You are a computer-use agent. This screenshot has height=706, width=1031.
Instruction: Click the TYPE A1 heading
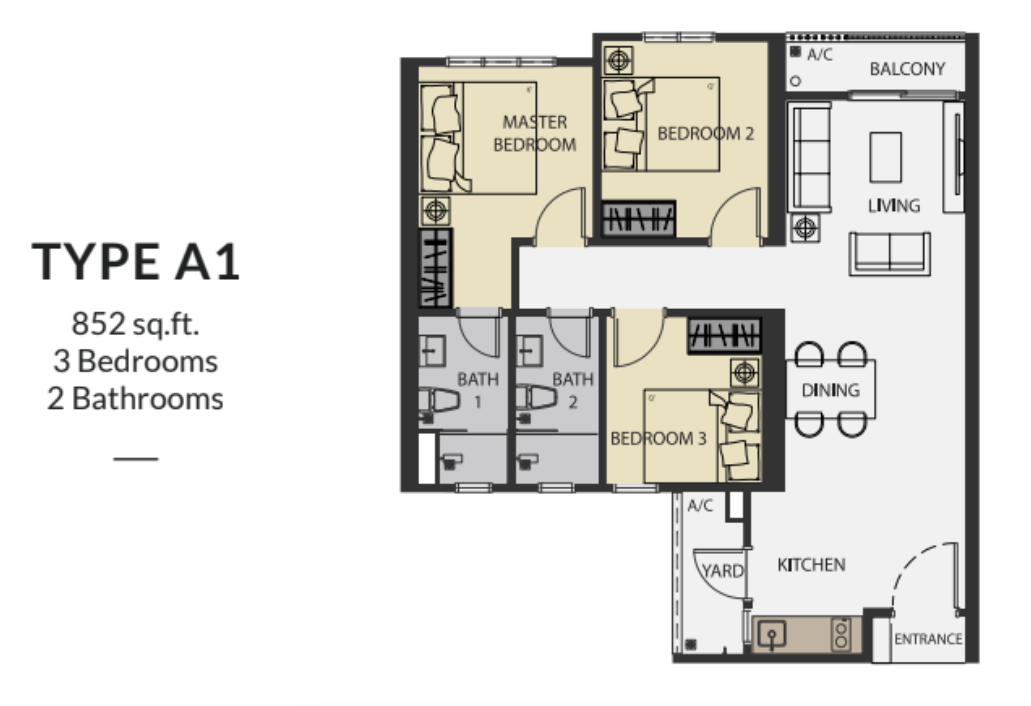click(x=136, y=262)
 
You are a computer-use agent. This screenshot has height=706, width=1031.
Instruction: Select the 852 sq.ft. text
click(x=136, y=324)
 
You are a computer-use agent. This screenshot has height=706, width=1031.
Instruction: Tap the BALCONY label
click(x=907, y=69)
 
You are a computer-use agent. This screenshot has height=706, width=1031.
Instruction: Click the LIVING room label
click(x=894, y=205)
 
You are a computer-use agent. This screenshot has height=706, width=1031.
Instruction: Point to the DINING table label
click(x=831, y=390)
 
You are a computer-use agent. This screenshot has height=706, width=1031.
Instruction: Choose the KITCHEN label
click(x=811, y=565)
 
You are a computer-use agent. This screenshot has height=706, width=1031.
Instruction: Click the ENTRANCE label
click(x=928, y=639)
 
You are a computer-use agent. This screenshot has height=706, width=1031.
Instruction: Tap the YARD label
click(x=722, y=570)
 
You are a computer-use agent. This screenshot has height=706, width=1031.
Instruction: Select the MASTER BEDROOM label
click(x=535, y=133)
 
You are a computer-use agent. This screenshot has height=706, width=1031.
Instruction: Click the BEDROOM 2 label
click(x=705, y=134)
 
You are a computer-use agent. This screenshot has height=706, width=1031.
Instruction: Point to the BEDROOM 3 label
click(x=658, y=438)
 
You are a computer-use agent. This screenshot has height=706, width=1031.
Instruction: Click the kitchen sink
click(x=772, y=634)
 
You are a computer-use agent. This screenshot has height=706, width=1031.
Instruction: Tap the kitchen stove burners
click(x=841, y=634)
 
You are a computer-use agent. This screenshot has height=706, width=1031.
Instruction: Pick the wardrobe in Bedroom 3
click(x=724, y=335)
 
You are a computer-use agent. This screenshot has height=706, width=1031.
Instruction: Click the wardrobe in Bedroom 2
click(x=639, y=219)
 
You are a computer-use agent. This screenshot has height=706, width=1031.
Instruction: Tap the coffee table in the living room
click(x=885, y=157)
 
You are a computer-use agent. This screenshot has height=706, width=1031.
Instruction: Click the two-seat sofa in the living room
click(x=889, y=254)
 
